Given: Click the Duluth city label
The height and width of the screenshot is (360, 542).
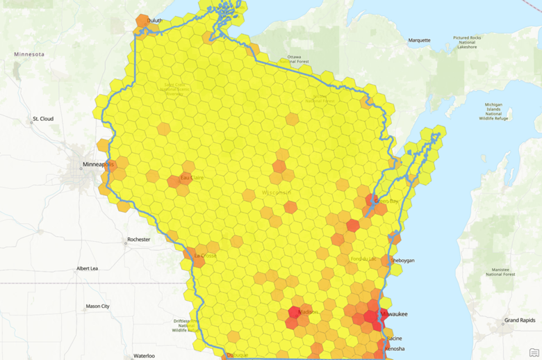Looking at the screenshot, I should (x=155, y=20).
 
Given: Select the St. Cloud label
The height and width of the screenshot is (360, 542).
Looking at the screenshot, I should (x=42, y=119).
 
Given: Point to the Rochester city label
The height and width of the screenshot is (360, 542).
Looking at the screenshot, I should (x=138, y=240).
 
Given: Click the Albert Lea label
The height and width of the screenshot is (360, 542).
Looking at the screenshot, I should (x=87, y=268).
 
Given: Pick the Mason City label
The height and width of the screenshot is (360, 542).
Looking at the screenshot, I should (x=97, y=306).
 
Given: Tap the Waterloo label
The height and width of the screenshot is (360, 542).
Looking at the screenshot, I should (x=144, y=355).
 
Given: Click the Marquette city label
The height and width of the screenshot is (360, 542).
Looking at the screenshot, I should (x=419, y=40).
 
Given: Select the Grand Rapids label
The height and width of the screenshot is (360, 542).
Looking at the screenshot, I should (x=520, y=320).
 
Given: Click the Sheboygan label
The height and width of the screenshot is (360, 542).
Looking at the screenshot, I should (x=402, y=261).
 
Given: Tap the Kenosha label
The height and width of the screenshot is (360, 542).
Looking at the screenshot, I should (x=394, y=348).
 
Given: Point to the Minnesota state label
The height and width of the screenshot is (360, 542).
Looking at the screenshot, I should (x=28, y=54).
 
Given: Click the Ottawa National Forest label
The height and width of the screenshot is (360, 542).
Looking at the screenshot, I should (x=294, y=59).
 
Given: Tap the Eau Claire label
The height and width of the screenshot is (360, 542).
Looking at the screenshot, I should (x=192, y=178).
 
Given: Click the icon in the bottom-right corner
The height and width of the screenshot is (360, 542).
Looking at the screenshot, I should (x=534, y=353).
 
